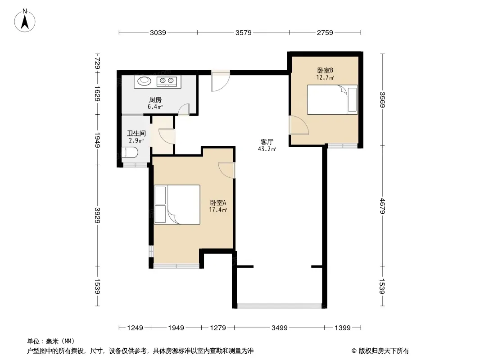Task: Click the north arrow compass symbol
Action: click(x=25, y=21)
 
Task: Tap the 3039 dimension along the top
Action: click(x=158, y=32)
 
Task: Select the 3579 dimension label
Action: click(x=243, y=32)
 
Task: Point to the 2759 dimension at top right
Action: click(x=325, y=32)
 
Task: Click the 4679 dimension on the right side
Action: click(x=382, y=206)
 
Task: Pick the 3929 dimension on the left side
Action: click(x=97, y=216)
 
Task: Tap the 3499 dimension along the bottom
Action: click(x=280, y=328)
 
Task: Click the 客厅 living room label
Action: click(x=267, y=142)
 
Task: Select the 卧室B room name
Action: click(x=325, y=70)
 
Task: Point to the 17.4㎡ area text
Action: click(x=218, y=210)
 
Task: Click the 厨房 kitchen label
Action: click(x=155, y=100)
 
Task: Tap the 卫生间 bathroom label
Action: click(x=136, y=133)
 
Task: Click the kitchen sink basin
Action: click(x=144, y=81)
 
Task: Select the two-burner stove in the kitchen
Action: click(x=167, y=81)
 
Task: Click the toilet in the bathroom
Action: click(x=130, y=152)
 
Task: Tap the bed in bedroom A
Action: click(x=177, y=205)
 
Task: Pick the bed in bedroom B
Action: click(x=332, y=100)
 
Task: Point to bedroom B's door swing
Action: click(x=299, y=125)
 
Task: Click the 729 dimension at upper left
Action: click(x=97, y=63)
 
